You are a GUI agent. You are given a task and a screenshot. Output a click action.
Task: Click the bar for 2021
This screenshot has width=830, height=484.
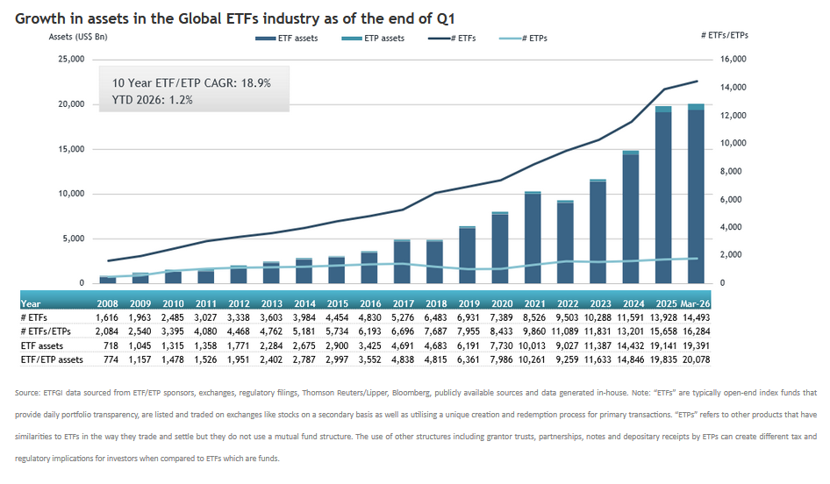pos(533,238)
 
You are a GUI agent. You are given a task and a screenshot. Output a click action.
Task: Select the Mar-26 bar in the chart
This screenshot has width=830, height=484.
pos(695,194)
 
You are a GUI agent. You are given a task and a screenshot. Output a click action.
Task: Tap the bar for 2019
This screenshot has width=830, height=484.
pos(468,255)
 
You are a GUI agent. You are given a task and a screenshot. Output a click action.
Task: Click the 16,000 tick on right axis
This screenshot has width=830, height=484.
pos(732,59)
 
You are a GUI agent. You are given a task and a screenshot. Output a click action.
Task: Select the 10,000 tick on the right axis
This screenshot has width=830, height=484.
pos(732,143)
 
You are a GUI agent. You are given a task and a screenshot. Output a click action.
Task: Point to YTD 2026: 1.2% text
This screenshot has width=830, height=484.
pos(152,99)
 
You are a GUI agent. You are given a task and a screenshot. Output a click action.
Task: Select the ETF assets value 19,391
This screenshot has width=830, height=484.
pos(695,346)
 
